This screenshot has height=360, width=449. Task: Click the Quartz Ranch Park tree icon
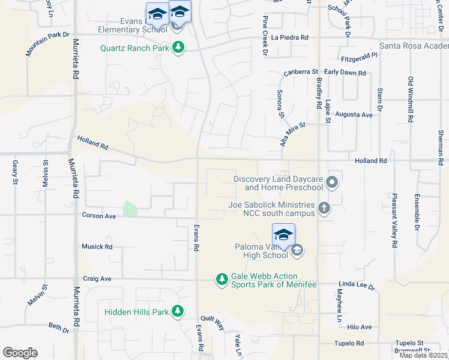click(x=178, y=47)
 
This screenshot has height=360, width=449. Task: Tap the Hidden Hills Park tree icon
click(x=177, y=311)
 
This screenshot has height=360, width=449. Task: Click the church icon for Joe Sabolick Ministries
click(x=324, y=208)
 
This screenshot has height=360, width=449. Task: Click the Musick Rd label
click(x=97, y=247)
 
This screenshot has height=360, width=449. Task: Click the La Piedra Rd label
click(x=290, y=37)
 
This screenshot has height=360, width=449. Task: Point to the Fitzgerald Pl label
click(x=358, y=55)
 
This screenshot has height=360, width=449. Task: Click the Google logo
click(x=20, y=353)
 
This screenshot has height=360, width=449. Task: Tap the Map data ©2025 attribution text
click(x=423, y=355)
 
